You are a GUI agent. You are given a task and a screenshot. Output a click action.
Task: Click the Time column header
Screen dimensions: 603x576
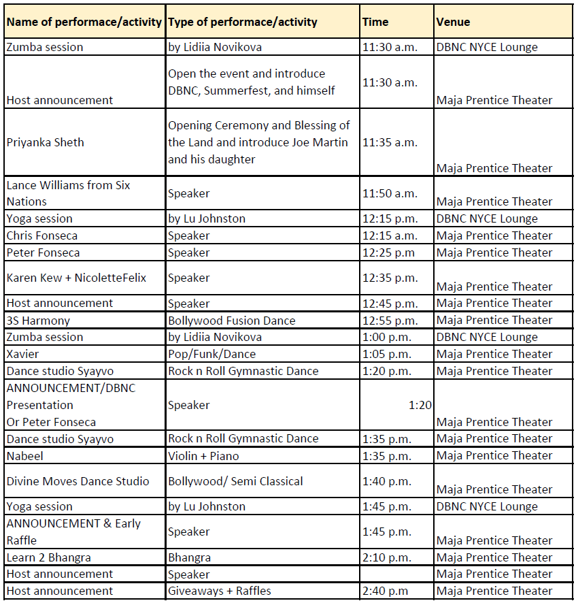[x=375, y=22]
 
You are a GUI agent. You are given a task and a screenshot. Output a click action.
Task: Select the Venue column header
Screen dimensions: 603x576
[x=453, y=22]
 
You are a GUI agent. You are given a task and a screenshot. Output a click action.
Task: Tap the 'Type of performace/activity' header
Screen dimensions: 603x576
[x=243, y=22]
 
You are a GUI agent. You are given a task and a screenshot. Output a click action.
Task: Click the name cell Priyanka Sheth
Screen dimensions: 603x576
[x=46, y=142]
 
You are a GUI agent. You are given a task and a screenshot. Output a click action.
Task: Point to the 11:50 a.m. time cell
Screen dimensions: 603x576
[x=390, y=193]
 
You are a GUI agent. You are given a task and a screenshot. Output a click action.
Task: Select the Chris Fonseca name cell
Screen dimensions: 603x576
[x=42, y=235]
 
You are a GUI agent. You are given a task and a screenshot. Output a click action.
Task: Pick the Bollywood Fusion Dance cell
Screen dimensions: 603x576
[x=231, y=320]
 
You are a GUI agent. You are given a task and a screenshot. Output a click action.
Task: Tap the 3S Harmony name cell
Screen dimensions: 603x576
[x=38, y=320]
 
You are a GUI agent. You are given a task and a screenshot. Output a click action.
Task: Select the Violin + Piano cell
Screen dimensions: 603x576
[x=203, y=455]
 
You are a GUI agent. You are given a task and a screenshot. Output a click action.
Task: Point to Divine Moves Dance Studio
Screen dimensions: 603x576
[x=78, y=481]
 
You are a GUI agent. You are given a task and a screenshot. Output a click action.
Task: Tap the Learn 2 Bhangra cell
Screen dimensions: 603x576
[x=48, y=557]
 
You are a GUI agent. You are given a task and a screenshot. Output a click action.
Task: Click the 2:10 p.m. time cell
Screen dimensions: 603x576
[x=386, y=557]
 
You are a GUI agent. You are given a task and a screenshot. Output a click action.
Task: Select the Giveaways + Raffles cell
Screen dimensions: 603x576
[x=219, y=591]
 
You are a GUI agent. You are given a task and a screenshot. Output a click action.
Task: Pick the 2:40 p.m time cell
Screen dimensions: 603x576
[x=385, y=591]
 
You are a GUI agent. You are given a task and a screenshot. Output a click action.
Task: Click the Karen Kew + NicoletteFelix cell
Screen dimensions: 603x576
[x=76, y=278]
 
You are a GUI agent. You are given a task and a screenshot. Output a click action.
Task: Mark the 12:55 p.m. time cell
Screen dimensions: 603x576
[x=390, y=320]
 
